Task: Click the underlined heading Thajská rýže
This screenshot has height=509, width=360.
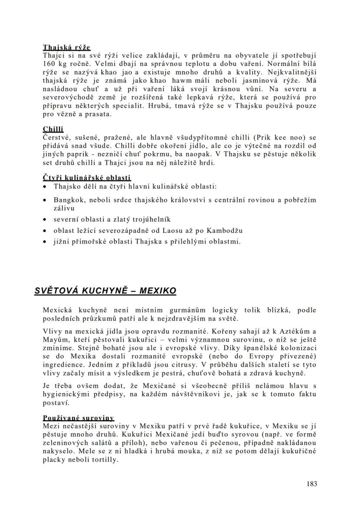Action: pos(67,47)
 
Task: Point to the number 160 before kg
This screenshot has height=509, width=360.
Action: pos(50,64)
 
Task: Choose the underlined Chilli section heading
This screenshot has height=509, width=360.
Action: pos(53,129)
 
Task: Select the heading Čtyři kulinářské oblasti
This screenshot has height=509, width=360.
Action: pos(87,177)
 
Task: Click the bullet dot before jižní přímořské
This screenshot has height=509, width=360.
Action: pos(46,241)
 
